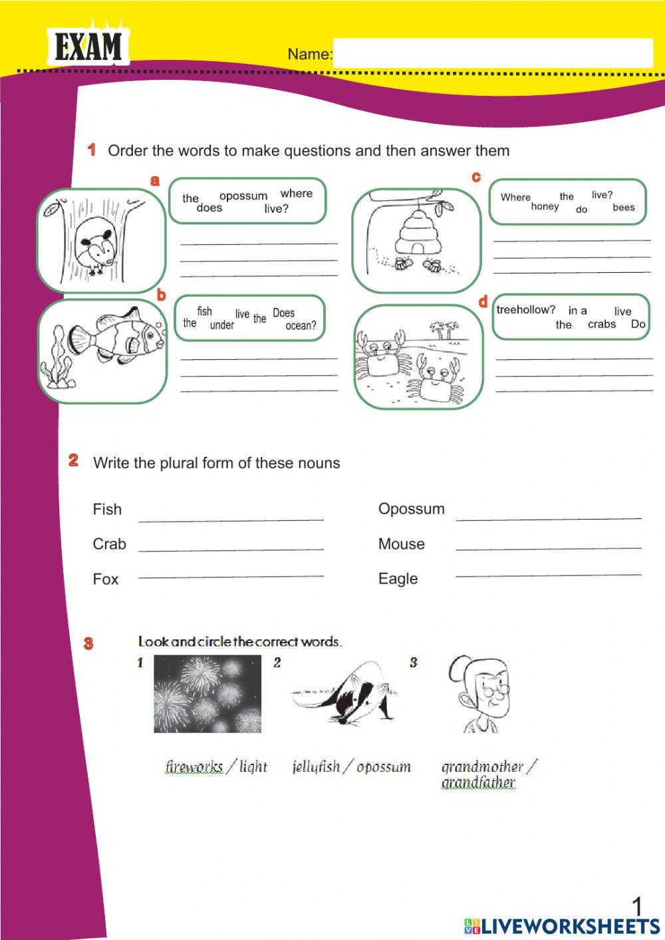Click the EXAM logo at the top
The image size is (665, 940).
[88, 47]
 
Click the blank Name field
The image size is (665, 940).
[492, 53]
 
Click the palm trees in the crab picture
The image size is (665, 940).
[444, 329]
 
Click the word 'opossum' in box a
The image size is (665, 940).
[243, 196]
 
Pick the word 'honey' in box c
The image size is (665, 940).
[545, 206]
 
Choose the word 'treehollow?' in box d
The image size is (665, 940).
[525, 309]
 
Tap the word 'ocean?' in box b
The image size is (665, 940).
[301, 326]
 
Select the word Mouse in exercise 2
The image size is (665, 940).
[401, 544]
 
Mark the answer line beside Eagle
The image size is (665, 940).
[549, 573]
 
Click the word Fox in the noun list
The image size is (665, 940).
[106, 579]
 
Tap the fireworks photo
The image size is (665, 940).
[207, 694]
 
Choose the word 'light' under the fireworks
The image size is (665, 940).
[253, 766]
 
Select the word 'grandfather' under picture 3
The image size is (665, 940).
[478, 782]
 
